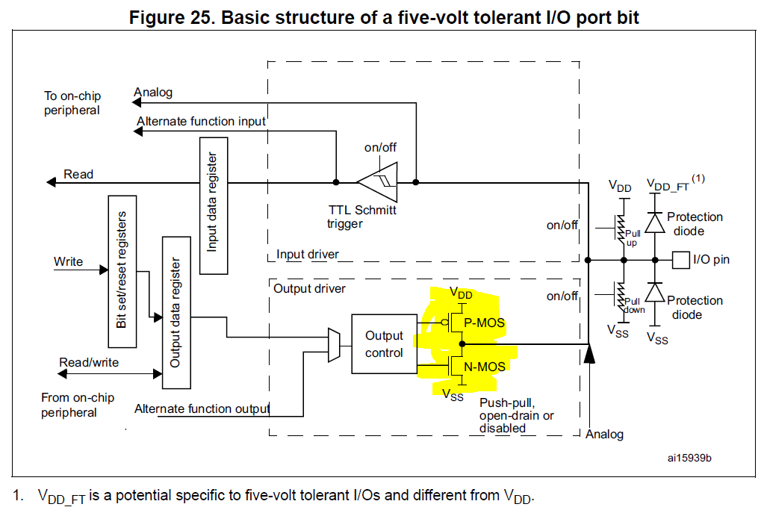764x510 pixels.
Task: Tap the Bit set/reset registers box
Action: [122, 270]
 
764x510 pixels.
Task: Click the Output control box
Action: [384, 343]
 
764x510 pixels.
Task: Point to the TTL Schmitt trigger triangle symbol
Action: [376, 181]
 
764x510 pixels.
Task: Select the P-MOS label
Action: [484, 323]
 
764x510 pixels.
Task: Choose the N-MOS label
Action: [484, 367]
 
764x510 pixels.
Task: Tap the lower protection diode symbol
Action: [655, 293]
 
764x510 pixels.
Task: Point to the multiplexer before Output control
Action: [334, 344]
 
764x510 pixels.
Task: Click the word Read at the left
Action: [78, 175]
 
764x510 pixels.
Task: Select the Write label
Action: [68, 261]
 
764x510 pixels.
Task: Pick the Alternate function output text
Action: [202, 408]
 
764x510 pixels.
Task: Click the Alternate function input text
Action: [202, 121]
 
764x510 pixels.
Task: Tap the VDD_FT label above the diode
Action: [668, 184]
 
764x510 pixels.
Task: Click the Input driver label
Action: [307, 255]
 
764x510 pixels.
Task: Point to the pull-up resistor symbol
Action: [621, 232]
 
